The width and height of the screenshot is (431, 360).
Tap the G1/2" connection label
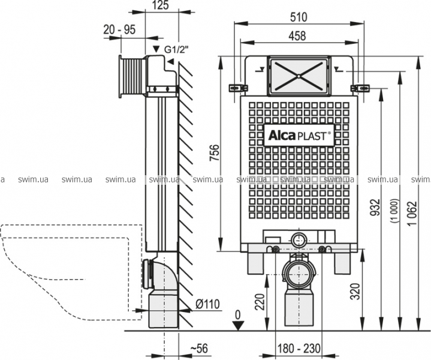pyautogui.click(x=170, y=49)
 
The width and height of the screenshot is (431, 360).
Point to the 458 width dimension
pyautogui.click(x=297, y=35)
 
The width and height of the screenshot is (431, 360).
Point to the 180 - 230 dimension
pyautogui.click(x=298, y=349)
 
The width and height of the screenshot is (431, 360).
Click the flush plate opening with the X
pyautogui.click(x=299, y=76)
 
